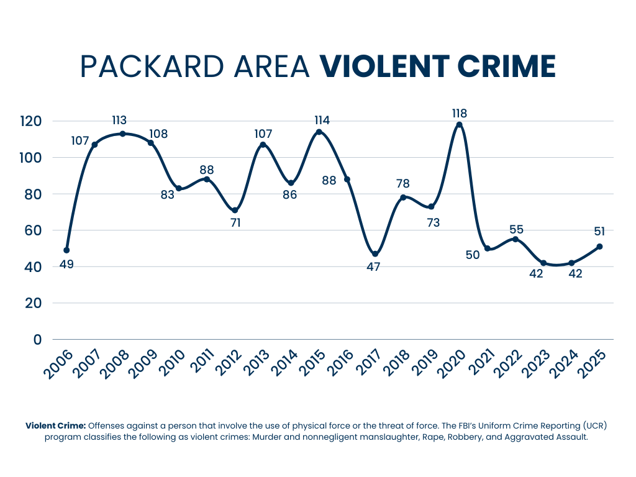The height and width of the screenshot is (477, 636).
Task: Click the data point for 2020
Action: point(459,125)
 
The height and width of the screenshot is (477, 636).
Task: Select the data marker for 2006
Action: point(66,250)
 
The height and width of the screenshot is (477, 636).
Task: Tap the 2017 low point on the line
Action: point(375,254)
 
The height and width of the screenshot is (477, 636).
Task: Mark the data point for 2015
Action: point(319,132)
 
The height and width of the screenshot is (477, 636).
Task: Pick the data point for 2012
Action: point(235,211)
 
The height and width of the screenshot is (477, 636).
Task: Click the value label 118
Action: point(460,113)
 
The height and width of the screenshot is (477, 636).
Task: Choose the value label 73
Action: point(433,222)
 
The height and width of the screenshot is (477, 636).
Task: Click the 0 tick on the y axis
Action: point(37,340)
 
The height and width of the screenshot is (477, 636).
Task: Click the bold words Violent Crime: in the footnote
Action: point(55,426)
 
